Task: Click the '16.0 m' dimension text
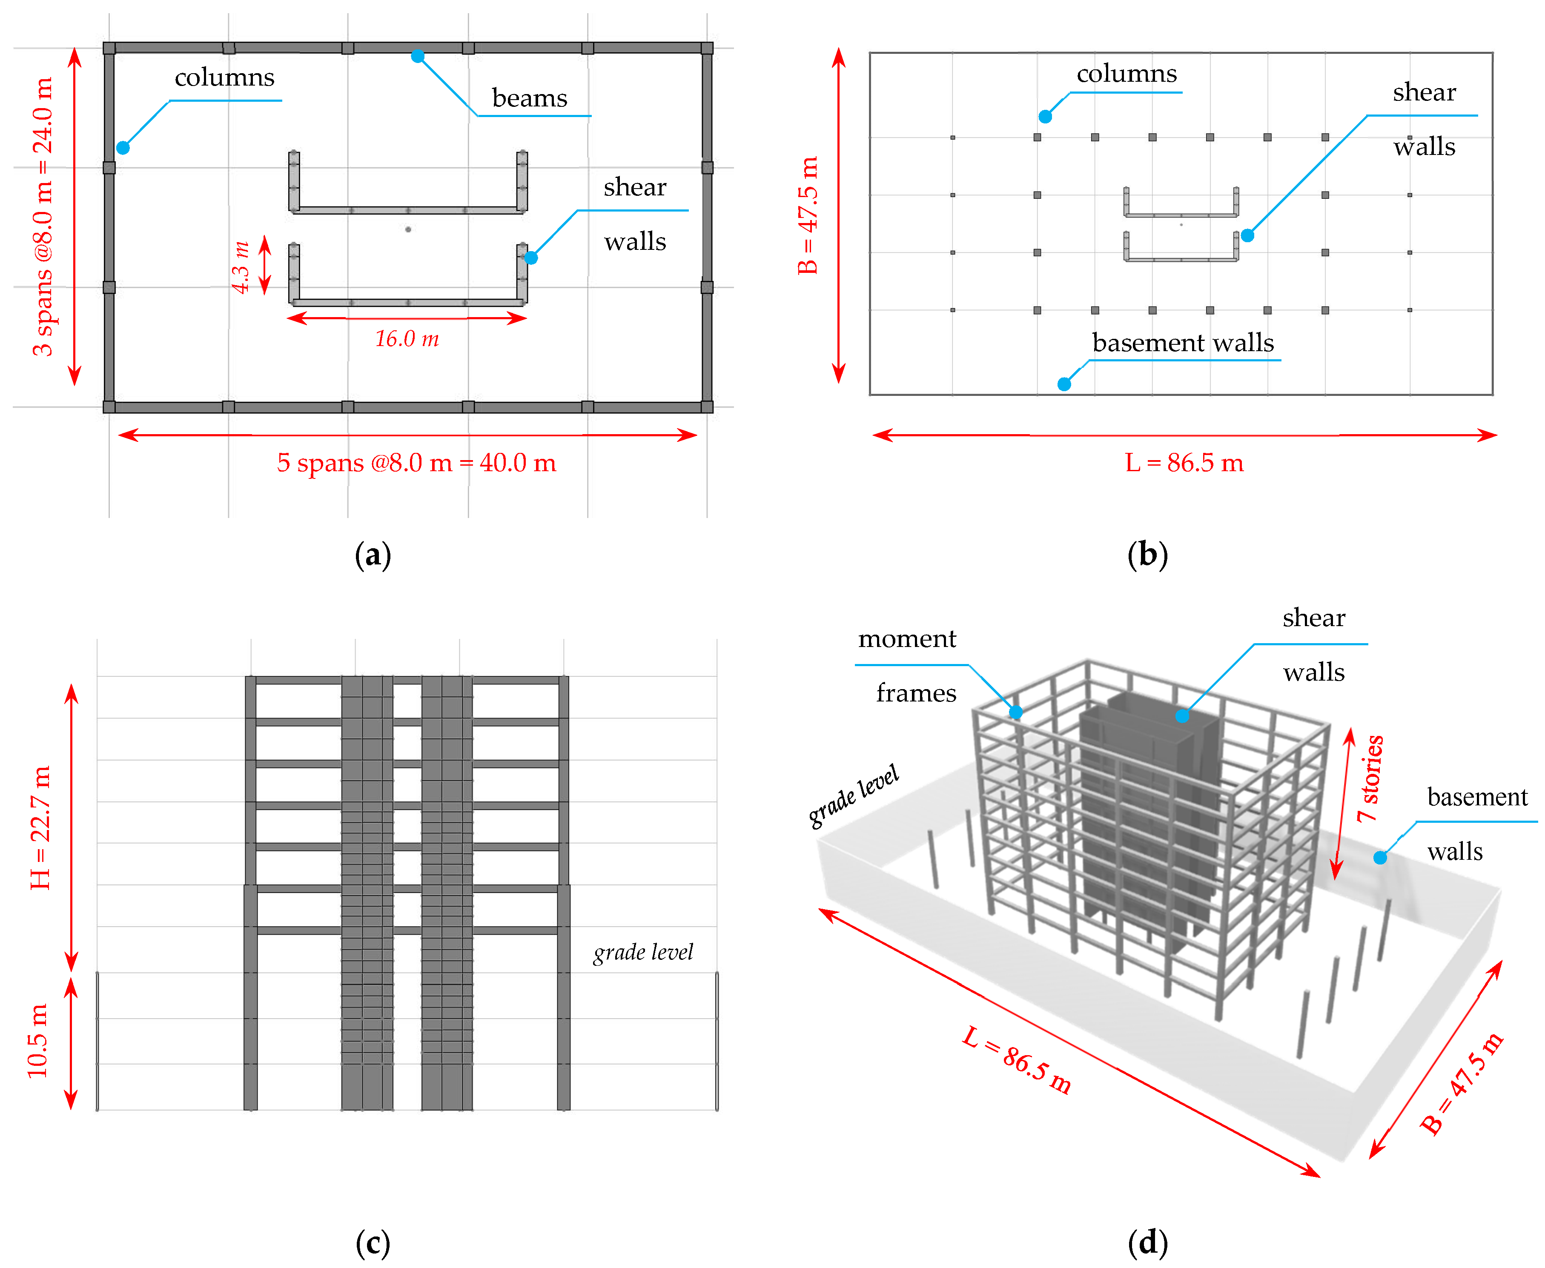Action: [x=407, y=339]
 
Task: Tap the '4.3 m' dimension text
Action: [x=241, y=267]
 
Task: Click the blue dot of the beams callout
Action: [x=417, y=56]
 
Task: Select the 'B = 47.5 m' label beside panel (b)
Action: [x=808, y=215]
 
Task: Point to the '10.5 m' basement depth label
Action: [x=38, y=1041]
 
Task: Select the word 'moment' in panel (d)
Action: [x=906, y=639]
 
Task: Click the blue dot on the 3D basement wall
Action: [x=1379, y=858]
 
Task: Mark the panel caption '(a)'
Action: [x=373, y=555]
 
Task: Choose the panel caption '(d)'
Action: [x=1147, y=1243]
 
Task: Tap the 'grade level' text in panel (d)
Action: [x=853, y=796]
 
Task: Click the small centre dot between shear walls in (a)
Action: [x=407, y=229]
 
